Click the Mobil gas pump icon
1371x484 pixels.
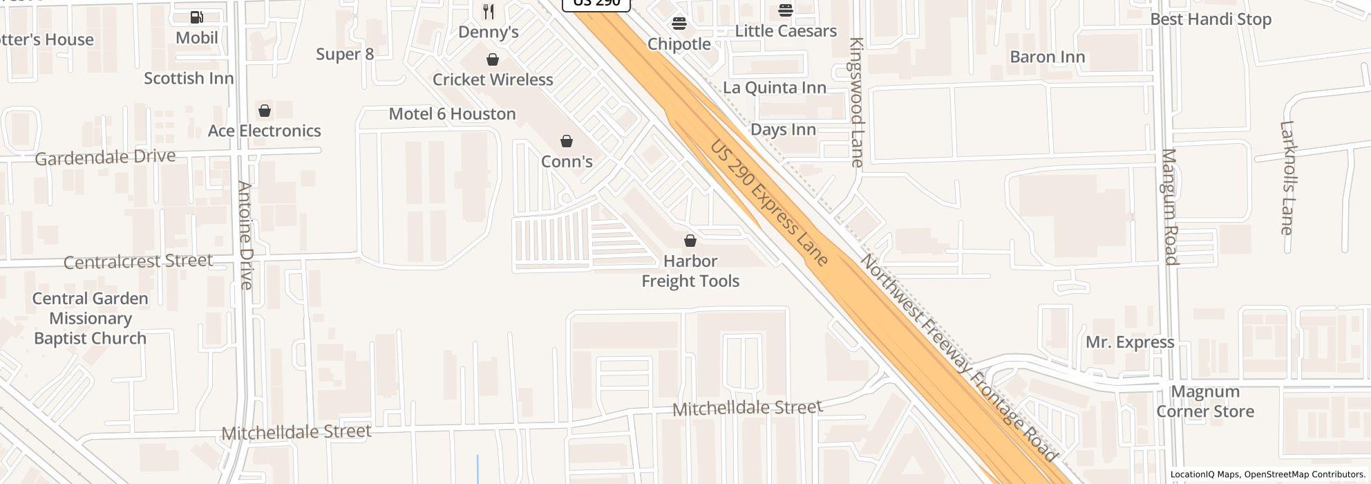coord(197,17)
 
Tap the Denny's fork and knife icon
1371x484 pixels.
coord(489,12)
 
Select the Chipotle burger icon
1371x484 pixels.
coord(679,24)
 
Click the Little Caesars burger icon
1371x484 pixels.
coord(786,10)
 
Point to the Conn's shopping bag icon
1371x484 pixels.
coord(567,142)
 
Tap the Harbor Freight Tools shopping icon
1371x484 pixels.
coord(690,241)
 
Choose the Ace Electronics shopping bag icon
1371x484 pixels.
coord(264,111)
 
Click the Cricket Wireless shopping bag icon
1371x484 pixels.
coord(493,60)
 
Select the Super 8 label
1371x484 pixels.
coord(345,54)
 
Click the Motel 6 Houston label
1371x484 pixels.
coord(452,114)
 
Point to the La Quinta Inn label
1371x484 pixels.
coord(774,88)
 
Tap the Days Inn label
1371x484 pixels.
coord(783,130)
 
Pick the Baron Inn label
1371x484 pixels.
coord(1047,57)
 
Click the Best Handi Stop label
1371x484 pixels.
coord(1210,19)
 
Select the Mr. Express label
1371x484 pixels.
coord(1129,342)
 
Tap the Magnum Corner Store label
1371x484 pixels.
coord(1205,402)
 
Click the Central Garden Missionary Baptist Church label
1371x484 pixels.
coord(90,319)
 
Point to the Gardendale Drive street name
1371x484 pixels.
coord(105,158)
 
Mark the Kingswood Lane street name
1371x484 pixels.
coord(857,102)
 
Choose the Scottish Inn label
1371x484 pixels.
coord(189,79)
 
